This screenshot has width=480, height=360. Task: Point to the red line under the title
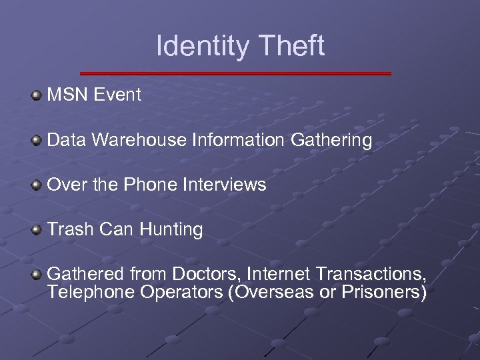coord(235,73)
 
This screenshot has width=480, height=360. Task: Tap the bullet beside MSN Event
coord(37,95)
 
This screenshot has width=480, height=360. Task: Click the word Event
coord(117,95)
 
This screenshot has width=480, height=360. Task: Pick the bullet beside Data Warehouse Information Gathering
coord(37,140)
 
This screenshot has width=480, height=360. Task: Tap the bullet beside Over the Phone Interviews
coord(37,185)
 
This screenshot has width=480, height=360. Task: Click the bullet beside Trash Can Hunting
coord(37,229)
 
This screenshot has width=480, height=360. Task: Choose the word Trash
coord(70,229)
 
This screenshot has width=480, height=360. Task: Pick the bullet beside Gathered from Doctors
coord(37,274)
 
